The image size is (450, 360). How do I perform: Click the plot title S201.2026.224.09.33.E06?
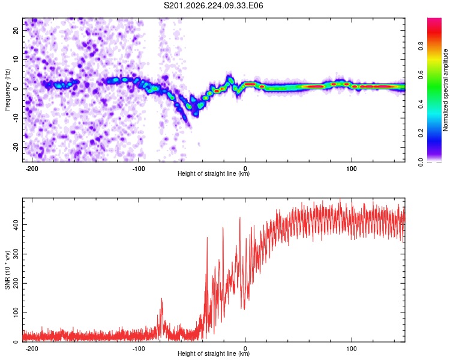[x=213, y=5]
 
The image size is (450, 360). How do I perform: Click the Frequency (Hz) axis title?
[x=7, y=90]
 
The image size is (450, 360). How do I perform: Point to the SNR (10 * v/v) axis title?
[x=7, y=270]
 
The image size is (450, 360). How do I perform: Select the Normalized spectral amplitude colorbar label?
[x=445, y=90]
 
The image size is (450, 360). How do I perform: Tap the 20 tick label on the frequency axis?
[x=16, y=30]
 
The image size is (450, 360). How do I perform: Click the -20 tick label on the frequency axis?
[x=16, y=147]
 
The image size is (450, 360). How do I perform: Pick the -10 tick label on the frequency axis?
[x=16, y=118]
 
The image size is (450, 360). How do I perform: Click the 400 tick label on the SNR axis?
[x=16, y=225]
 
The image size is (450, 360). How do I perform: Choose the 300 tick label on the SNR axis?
[x=16, y=254]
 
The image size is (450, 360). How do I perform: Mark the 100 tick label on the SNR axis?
[x=16, y=313]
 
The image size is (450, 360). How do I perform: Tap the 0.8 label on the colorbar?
[x=421, y=46]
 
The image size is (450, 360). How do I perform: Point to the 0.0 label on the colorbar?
[x=421, y=162]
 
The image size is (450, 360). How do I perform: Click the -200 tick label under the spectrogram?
[x=32, y=169]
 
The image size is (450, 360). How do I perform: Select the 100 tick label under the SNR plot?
[x=352, y=349]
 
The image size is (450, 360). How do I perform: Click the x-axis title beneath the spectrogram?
[x=214, y=173]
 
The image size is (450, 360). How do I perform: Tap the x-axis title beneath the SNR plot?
[x=214, y=353]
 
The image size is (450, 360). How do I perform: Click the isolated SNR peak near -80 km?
[x=161, y=299]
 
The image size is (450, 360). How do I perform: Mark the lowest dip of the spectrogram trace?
[x=196, y=114]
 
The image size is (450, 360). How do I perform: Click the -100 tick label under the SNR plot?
[x=139, y=349]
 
